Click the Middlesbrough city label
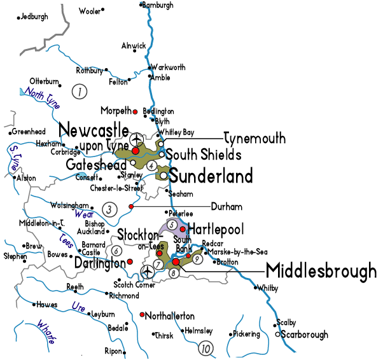pyautogui.click(x=321, y=271)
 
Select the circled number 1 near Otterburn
pyautogui.click(x=80, y=92)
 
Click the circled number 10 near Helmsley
pyautogui.click(x=205, y=348)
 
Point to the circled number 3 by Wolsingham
pyautogui.click(x=109, y=209)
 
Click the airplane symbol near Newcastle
pyautogui.click(x=136, y=139)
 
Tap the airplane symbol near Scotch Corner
pyautogui.click(x=148, y=272)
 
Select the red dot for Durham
pyautogui.click(x=131, y=207)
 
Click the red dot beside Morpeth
pyautogui.click(x=136, y=112)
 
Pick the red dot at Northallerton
pyautogui.click(x=141, y=314)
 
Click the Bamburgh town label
pyautogui.click(x=158, y=5)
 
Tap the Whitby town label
pyautogui.click(x=268, y=288)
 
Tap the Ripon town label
pyautogui.click(x=113, y=351)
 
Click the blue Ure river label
pyautogui.click(x=79, y=307)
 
